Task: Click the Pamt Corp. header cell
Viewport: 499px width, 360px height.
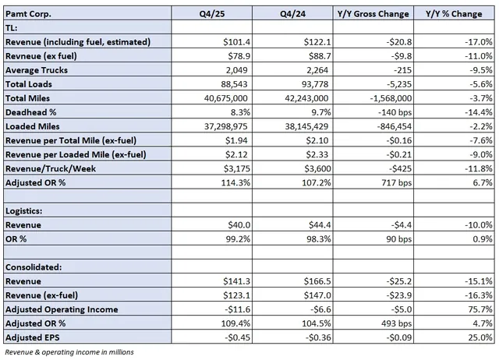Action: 30,13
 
